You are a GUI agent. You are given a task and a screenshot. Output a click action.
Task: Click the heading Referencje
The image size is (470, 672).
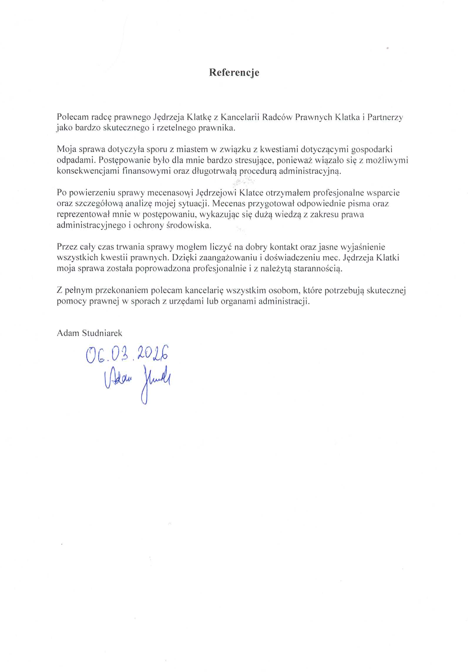[x=234, y=73]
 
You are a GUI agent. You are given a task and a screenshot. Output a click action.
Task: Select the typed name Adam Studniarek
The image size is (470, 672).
[x=89, y=333]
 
